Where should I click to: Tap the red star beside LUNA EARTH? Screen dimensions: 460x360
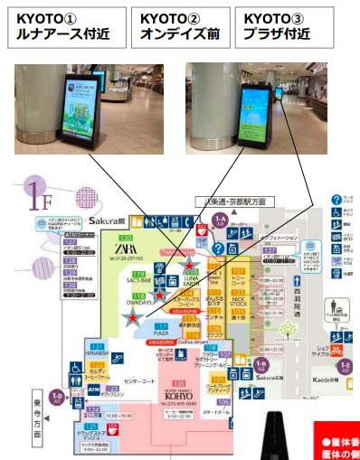(188, 265)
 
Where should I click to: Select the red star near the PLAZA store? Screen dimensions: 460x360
(133, 316)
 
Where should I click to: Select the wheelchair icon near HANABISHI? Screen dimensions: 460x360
(75, 369)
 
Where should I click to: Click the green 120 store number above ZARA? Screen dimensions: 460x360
(126, 238)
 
